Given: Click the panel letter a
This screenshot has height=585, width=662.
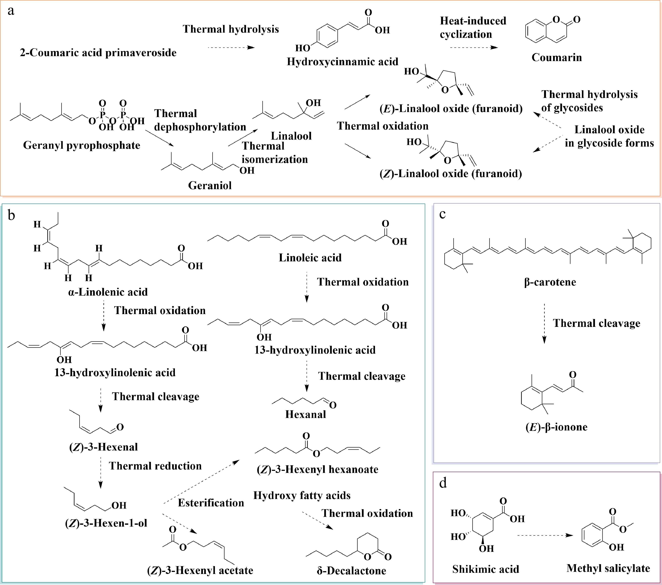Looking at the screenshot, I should [x=11, y=11].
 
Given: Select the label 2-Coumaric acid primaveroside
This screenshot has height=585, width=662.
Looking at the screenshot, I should [x=98, y=53].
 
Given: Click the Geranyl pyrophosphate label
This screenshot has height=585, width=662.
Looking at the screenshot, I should [x=82, y=145].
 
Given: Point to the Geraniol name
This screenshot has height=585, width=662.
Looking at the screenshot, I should [x=210, y=185].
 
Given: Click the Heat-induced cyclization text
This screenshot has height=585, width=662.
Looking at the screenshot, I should [x=473, y=27].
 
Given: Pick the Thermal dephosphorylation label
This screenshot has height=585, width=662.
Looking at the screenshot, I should [x=200, y=120].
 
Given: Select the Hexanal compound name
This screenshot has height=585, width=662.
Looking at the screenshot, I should [x=305, y=414].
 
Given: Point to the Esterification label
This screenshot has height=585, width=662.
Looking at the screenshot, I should [x=211, y=503].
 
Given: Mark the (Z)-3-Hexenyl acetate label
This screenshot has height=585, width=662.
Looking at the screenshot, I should [x=200, y=570].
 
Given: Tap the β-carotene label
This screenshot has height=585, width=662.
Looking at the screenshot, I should [x=550, y=282].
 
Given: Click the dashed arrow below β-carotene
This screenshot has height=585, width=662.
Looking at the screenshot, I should [x=544, y=323].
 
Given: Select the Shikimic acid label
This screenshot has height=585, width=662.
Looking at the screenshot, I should [x=485, y=569].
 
